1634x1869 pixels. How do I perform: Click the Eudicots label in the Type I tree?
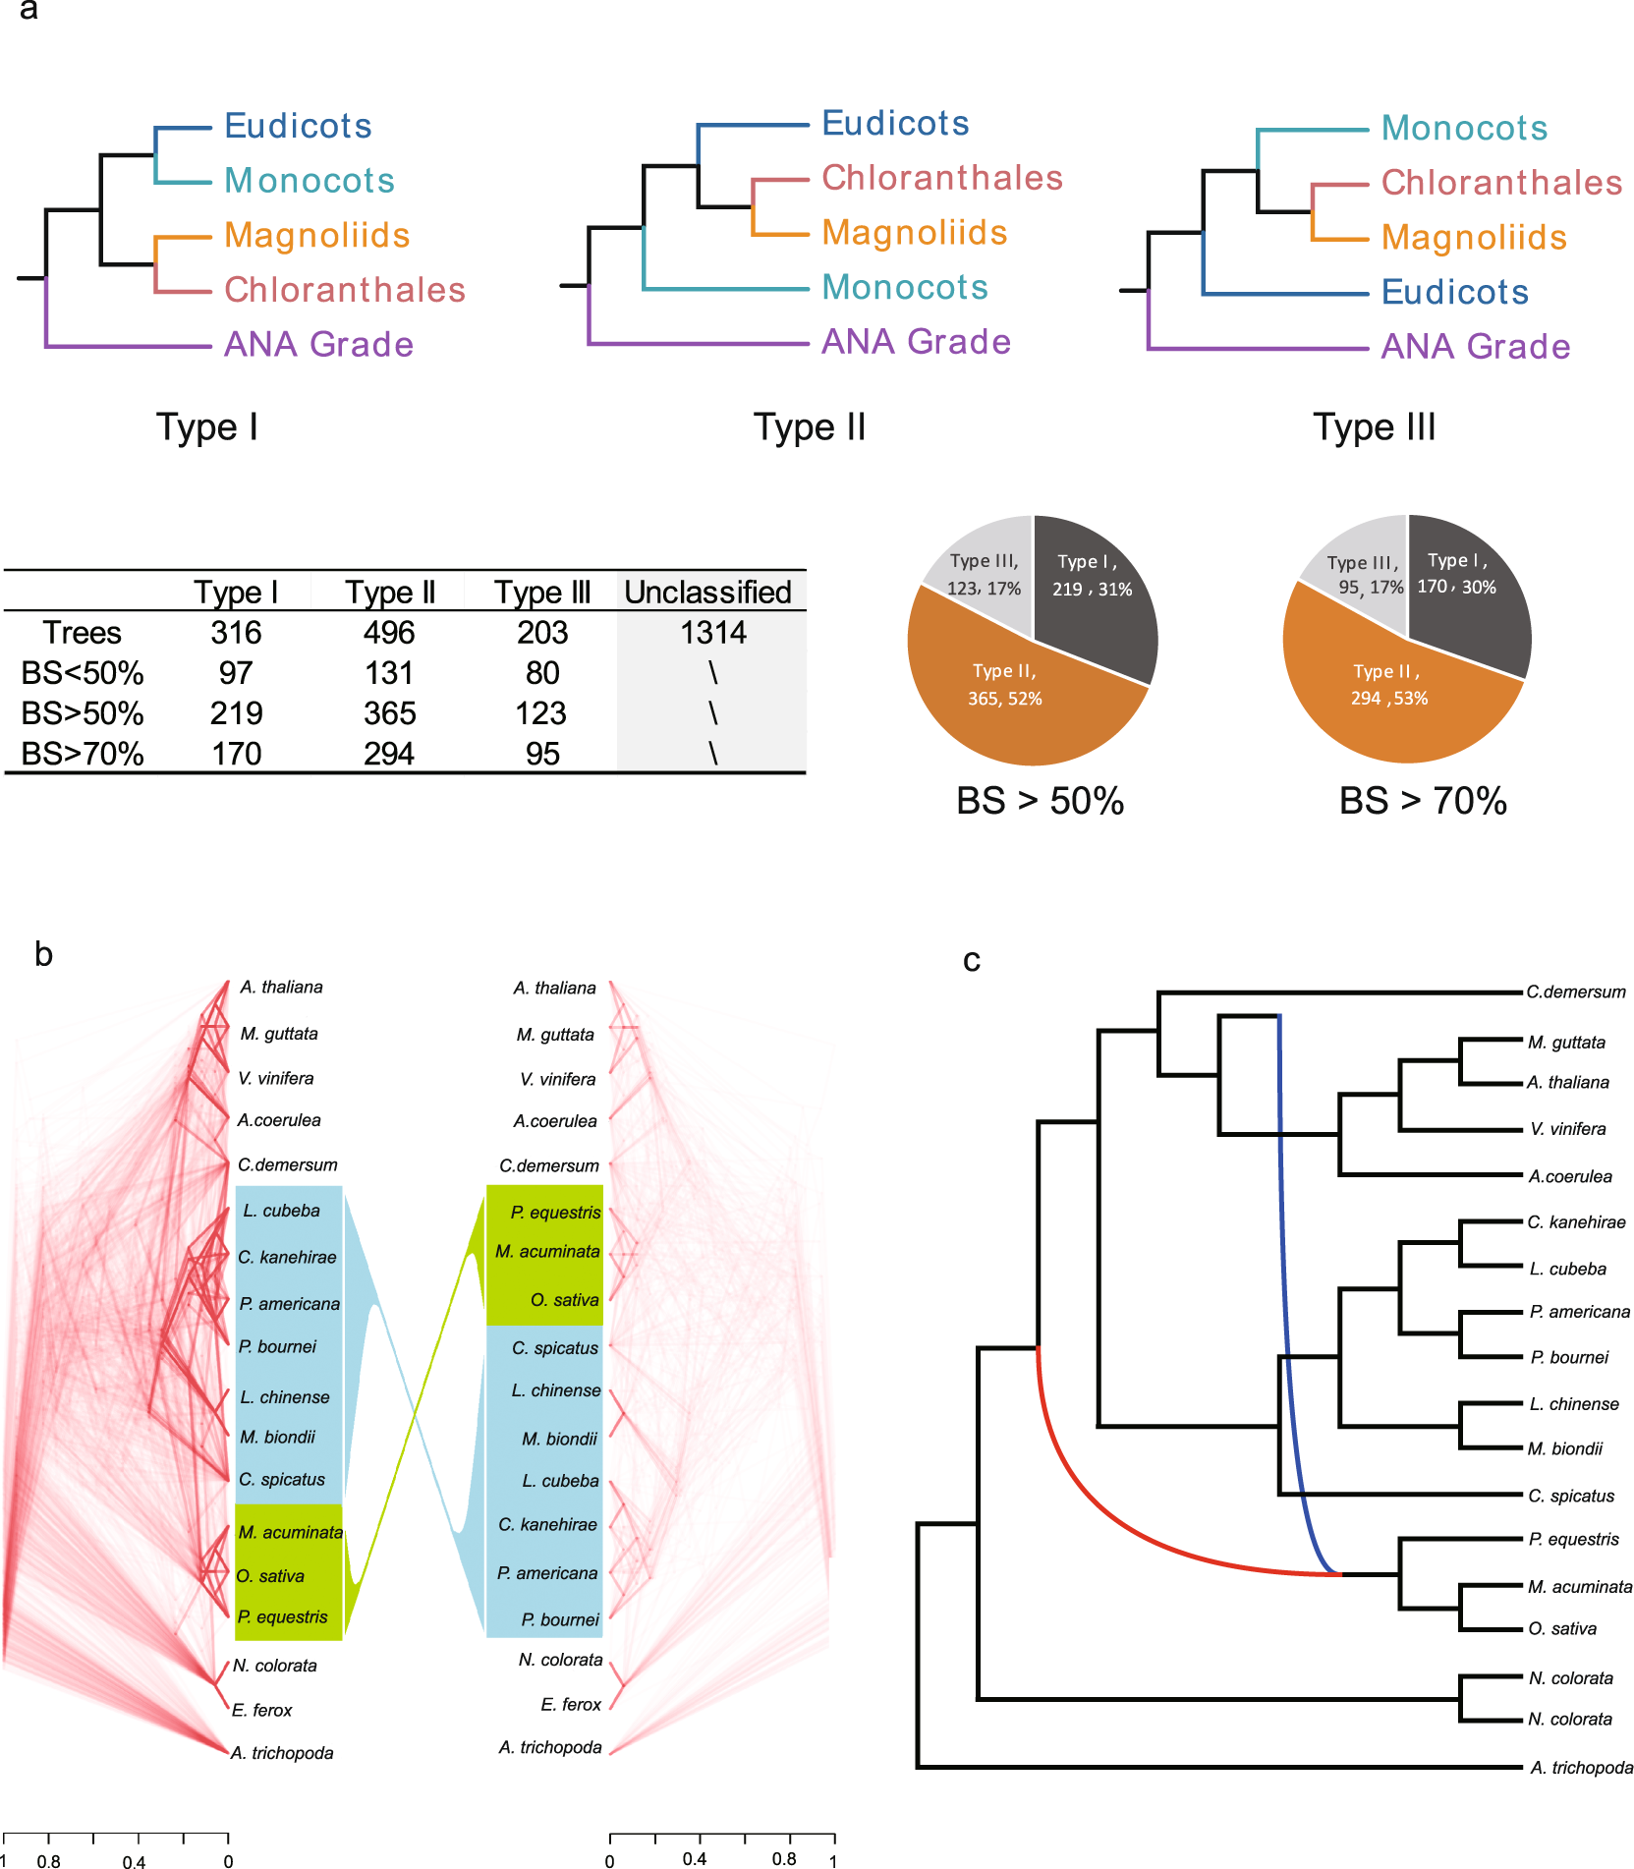(298, 126)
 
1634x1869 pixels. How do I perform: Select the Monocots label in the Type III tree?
(1464, 128)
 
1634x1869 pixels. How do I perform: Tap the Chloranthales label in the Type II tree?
(941, 178)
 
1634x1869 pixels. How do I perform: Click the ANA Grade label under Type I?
(318, 345)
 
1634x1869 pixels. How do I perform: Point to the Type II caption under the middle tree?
(810, 427)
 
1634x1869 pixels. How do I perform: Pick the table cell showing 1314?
(713, 633)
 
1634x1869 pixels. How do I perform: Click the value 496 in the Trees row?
(389, 633)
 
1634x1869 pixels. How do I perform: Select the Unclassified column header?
(707, 593)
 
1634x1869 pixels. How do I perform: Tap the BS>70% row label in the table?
(83, 754)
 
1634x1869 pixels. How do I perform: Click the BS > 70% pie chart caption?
(1423, 801)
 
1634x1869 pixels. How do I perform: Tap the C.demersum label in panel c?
(1575, 992)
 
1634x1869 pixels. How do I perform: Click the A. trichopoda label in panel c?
(1581, 1768)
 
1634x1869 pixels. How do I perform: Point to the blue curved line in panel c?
(1284, 1277)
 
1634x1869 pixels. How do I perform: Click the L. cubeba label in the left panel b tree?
(282, 1211)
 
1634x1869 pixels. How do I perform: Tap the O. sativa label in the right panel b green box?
(564, 1300)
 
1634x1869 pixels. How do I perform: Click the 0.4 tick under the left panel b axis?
(136, 1861)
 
